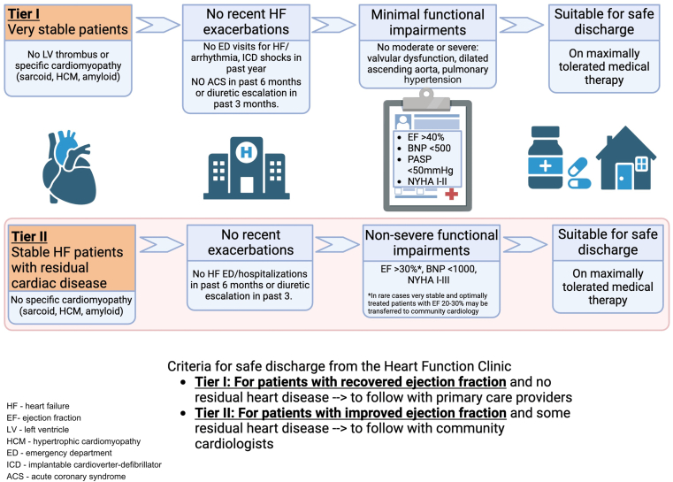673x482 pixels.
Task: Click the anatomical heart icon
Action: tap(69, 167)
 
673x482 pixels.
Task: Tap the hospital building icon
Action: tap(247, 168)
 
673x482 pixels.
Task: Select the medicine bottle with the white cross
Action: tap(545, 157)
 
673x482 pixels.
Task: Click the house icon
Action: tap(626, 158)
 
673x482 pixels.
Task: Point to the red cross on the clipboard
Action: tap(451, 194)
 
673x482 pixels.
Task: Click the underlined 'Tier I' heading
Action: tap(24, 14)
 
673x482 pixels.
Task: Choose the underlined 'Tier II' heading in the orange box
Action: tap(29, 236)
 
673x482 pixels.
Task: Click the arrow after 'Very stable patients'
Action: tap(157, 25)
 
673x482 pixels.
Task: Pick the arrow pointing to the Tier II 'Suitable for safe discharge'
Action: tap(525, 245)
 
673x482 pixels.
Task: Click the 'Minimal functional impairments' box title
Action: tap(427, 22)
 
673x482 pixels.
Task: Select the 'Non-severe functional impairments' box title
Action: tap(432, 242)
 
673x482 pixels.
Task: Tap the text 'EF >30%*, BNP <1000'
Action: tap(428, 269)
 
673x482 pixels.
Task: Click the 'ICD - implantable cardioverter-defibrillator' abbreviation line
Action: tap(84, 465)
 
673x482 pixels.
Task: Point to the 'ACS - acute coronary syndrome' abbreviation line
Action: tap(66, 477)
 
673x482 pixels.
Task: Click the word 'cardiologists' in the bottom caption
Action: tap(234, 443)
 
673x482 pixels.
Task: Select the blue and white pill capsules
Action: tap(579, 173)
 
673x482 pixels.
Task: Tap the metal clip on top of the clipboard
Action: tap(426, 100)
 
